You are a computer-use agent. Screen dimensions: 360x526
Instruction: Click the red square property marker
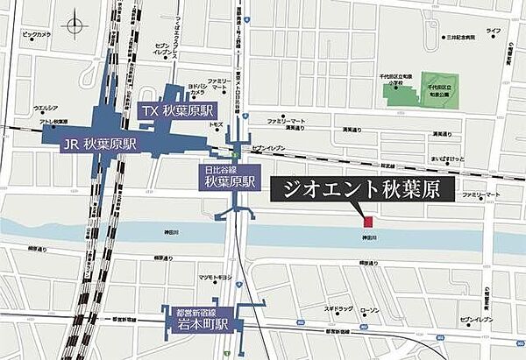[x=369, y=220]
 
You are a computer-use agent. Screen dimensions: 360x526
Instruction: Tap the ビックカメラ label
[x=38, y=35]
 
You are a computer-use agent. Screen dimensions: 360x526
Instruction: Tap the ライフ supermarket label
[x=494, y=31]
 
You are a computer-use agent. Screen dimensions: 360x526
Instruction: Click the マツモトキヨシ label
[x=214, y=277]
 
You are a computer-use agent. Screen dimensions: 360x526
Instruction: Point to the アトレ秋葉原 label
[x=54, y=122]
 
